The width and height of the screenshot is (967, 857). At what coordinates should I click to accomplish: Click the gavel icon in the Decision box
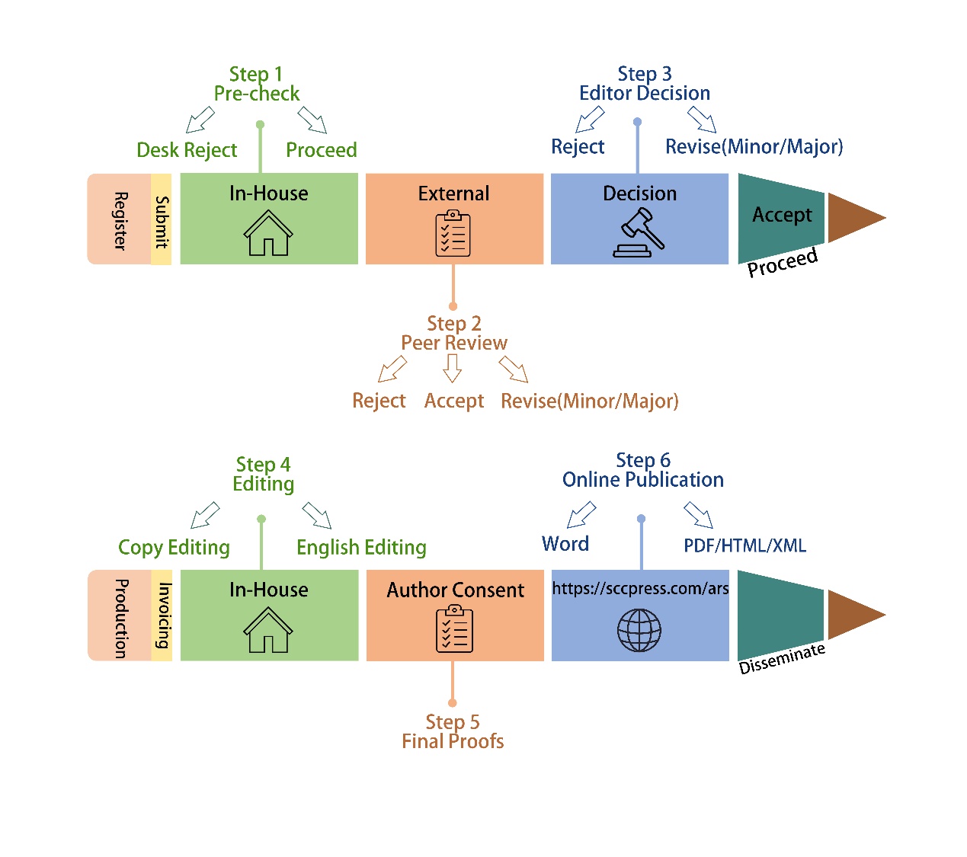[x=638, y=232]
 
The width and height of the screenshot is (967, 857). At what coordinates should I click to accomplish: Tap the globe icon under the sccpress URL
[x=639, y=629]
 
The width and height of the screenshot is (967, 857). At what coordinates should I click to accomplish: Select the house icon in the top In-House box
[x=267, y=233]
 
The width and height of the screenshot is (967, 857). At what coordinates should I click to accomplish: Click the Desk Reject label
[x=187, y=150]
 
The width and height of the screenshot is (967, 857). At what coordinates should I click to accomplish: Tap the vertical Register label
[x=120, y=221]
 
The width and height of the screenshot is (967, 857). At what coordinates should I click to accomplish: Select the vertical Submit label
[x=162, y=222]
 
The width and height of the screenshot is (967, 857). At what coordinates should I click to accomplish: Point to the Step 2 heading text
[x=453, y=323]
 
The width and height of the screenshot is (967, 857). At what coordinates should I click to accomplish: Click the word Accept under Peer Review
[x=453, y=401]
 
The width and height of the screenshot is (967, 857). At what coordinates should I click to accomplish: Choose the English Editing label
[x=361, y=547]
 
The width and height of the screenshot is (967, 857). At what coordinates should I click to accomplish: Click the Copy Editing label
[x=174, y=547]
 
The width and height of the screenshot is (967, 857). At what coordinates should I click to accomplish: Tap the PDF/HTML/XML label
[x=744, y=545]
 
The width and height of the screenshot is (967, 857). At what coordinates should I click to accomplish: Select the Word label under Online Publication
[x=565, y=543]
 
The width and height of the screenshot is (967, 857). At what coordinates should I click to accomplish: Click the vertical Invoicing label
[x=163, y=615]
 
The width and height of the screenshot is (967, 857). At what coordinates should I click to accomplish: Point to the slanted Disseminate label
[x=782, y=658]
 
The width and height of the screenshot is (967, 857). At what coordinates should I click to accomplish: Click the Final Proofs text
[x=453, y=741]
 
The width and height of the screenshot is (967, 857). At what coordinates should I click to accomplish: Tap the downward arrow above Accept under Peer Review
[x=452, y=368]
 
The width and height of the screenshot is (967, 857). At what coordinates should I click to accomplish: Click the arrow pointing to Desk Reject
[x=200, y=120]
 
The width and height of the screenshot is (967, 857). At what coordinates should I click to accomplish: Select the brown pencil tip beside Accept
[x=856, y=218]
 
